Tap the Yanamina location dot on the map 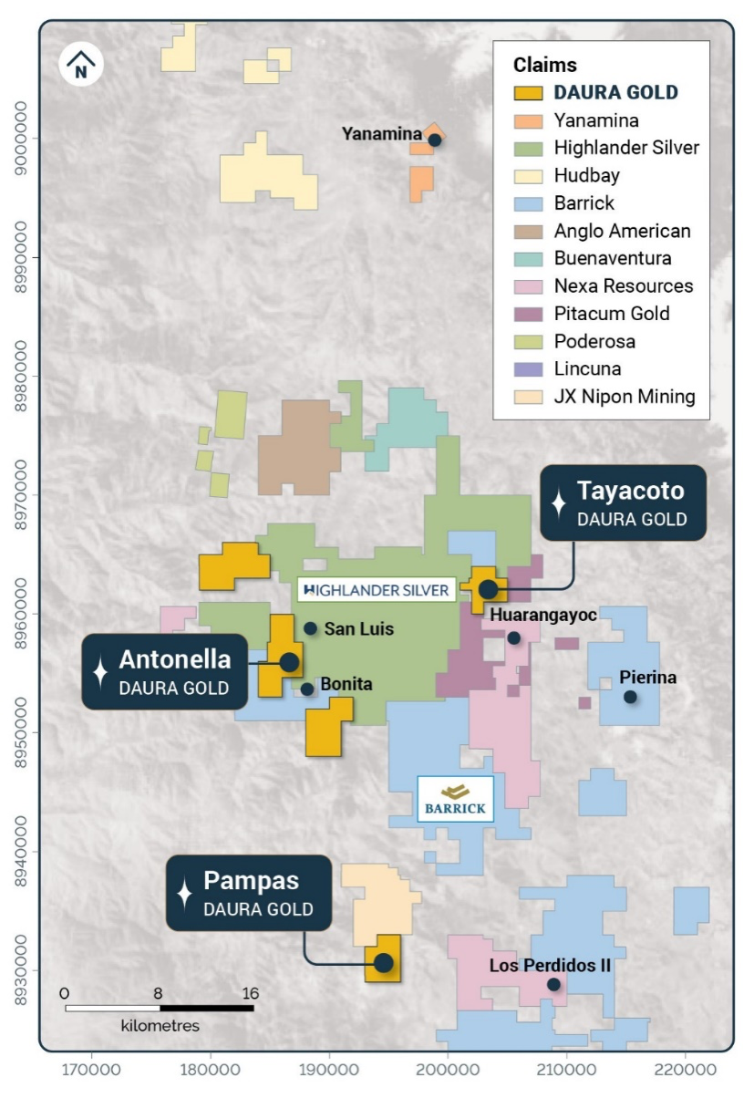[x=435, y=140]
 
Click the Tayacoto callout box [x=623, y=502]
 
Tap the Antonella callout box [x=165, y=671]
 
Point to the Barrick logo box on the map [x=455, y=799]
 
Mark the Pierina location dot [x=630, y=697]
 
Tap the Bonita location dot [x=307, y=689]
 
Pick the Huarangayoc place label [x=543, y=616]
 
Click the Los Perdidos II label [x=550, y=965]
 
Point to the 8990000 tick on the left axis [x=21, y=258]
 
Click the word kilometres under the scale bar [x=160, y=1026]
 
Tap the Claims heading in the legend [x=545, y=65]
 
